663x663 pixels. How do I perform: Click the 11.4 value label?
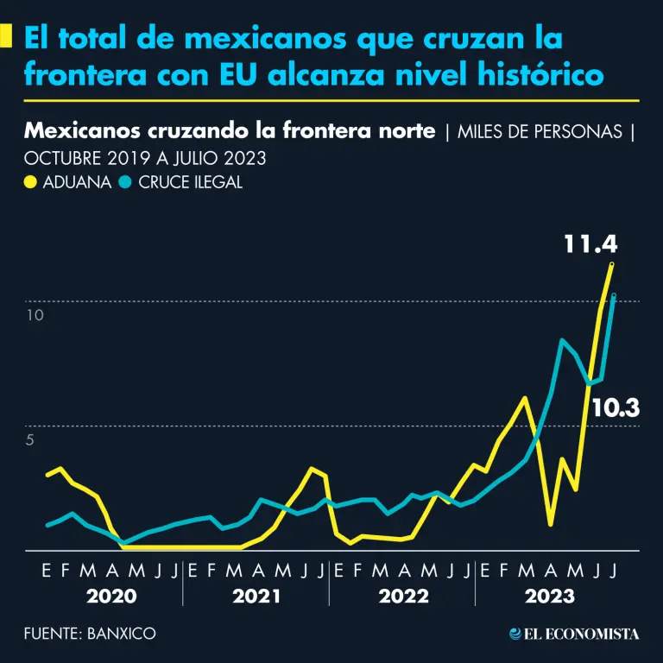[x=591, y=243]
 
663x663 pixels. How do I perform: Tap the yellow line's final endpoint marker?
[x=612, y=264]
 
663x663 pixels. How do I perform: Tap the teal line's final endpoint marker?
[x=613, y=296]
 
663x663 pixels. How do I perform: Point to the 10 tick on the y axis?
[x=34, y=316]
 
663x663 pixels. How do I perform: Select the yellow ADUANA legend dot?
[x=30, y=182]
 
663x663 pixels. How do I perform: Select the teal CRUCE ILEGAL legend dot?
[x=125, y=182]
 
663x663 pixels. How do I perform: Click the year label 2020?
[x=111, y=597]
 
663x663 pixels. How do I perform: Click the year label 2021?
[x=256, y=597]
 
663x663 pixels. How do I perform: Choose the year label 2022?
[x=402, y=597]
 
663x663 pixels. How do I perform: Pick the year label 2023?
[x=549, y=597]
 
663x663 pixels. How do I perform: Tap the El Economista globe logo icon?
[x=515, y=634]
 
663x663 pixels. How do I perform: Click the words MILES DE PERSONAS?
[x=540, y=133]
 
